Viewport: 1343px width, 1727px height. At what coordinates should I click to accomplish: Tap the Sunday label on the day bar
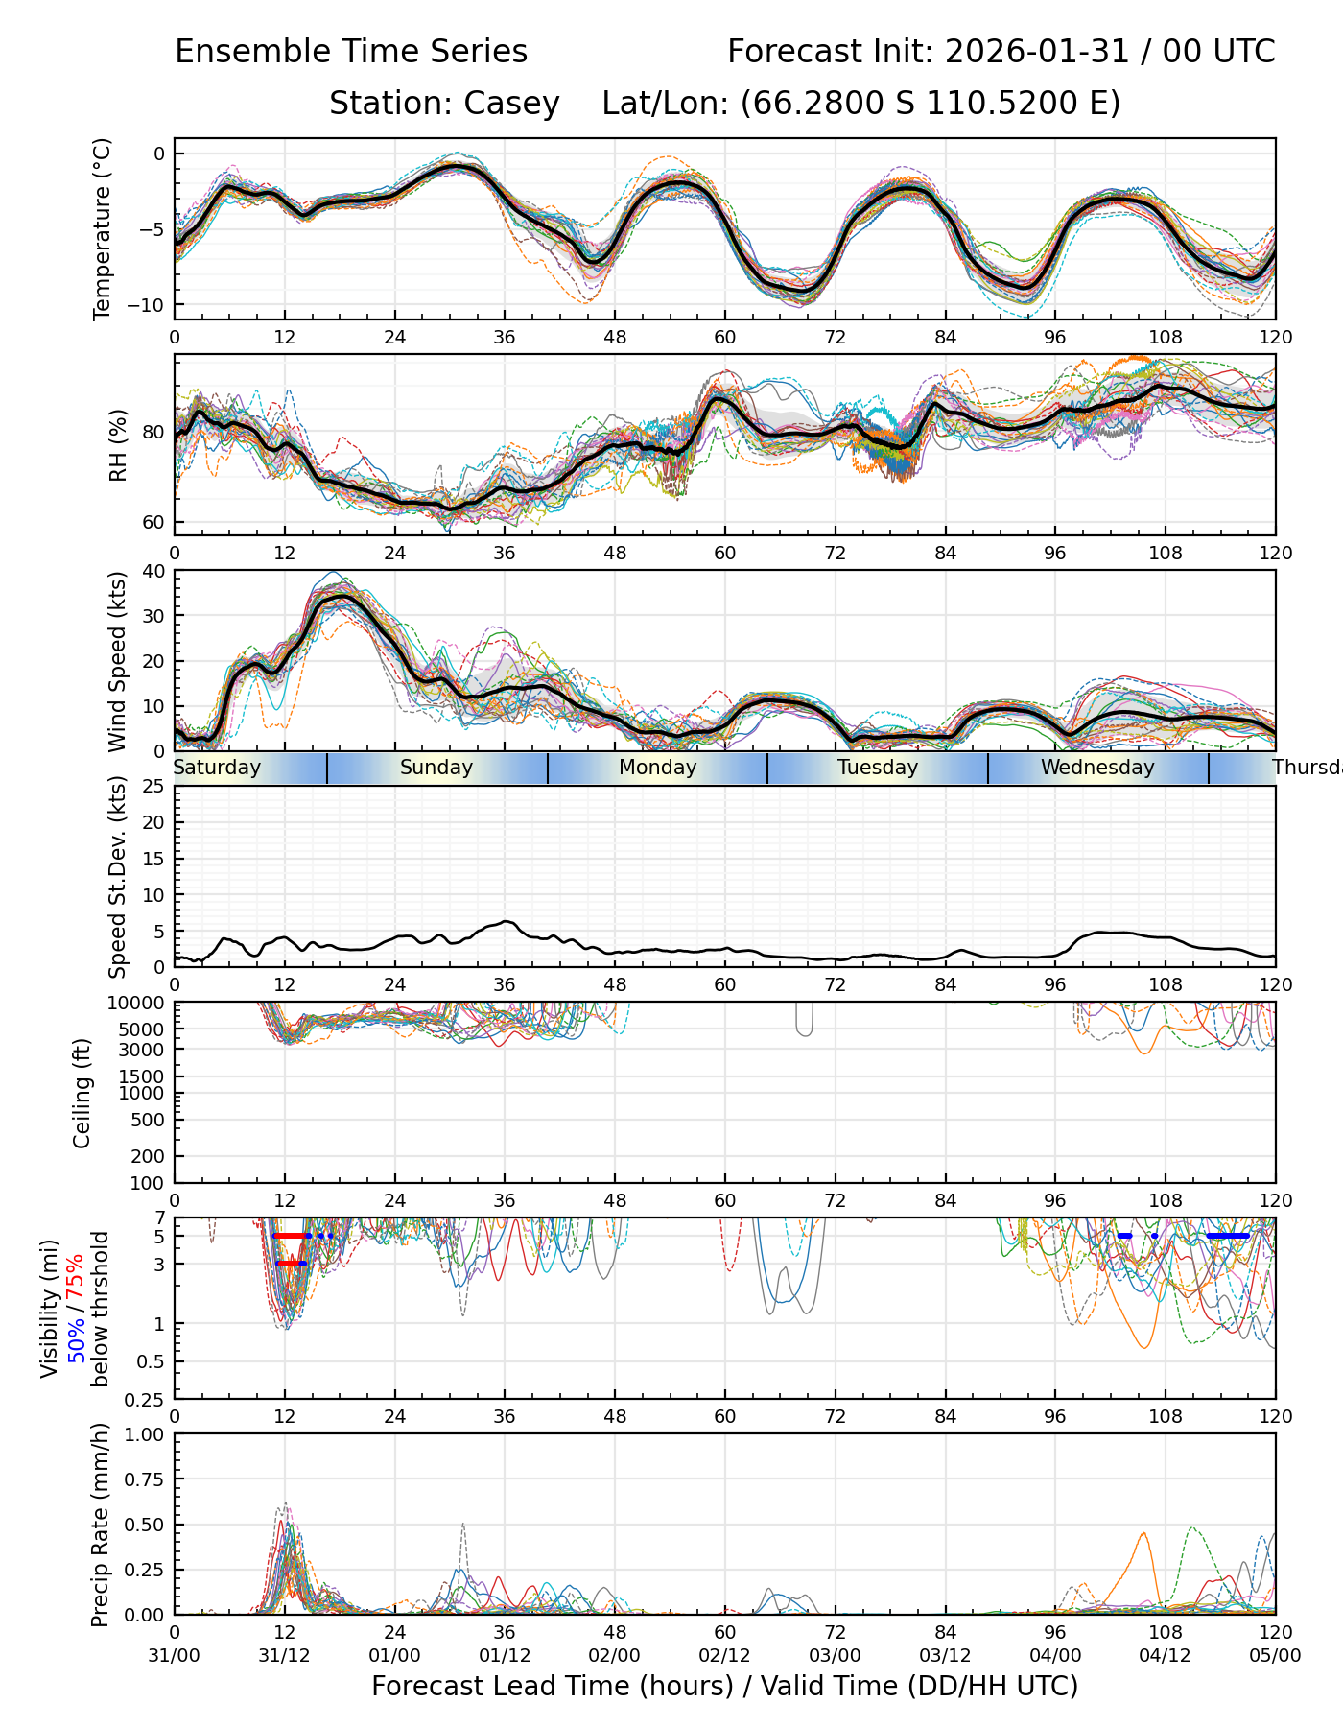pyautogui.click(x=436, y=768)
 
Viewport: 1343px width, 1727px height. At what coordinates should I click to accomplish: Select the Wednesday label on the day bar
pyautogui.click(x=1097, y=768)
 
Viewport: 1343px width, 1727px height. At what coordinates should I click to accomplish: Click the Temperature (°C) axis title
pyautogui.click(x=103, y=228)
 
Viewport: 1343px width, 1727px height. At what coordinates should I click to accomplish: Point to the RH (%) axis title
pyautogui.click(x=118, y=445)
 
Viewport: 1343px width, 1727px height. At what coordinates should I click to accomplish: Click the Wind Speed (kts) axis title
pyautogui.click(x=117, y=661)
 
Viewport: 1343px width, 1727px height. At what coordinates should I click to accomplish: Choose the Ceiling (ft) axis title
pyautogui.click(x=82, y=1093)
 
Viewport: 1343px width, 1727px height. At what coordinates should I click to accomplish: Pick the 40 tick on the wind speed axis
pyautogui.click(x=154, y=571)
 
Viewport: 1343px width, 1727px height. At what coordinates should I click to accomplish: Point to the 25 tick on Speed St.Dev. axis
pyautogui.click(x=154, y=787)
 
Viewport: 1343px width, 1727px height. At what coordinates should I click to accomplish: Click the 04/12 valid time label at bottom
pyautogui.click(x=1165, y=1656)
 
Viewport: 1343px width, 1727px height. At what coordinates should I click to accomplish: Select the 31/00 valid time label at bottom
pyautogui.click(x=175, y=1656)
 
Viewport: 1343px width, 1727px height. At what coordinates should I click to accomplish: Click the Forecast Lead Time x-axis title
pyautogui.click(x=724, y=1686)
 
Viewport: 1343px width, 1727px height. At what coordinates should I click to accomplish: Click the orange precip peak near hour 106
pyautogui.click(x=1144, y=1533)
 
